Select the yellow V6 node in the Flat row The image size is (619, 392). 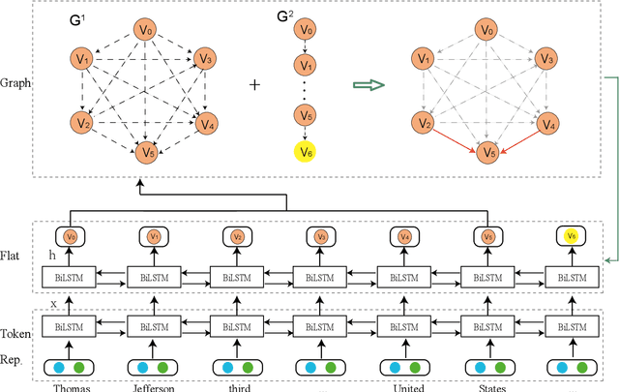pyautogui.click(x=573, y=235)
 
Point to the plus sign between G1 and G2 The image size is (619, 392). pyautogui.click(x=255, y=84)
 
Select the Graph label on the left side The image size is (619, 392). pyautogui.click(x=17, y=83)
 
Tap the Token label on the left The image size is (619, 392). pyautogui.click(x=17, y=334)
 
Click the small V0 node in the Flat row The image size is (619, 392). pyautogui.click(x=71, y=235)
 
